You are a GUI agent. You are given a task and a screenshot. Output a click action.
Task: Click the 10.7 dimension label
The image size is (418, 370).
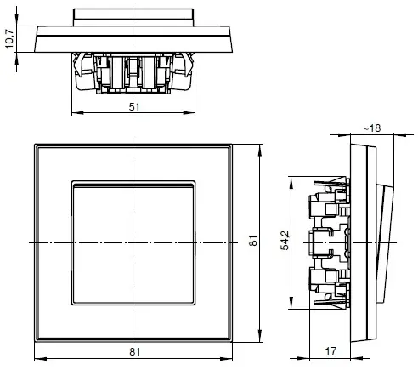[x=8, y=38]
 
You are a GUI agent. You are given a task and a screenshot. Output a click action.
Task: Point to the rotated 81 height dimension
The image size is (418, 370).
[x=252, y=242]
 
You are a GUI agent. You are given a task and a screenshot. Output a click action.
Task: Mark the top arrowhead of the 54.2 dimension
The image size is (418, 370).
[x=292, y=179]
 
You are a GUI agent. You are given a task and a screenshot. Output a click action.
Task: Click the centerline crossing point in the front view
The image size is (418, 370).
[x=134, y=243]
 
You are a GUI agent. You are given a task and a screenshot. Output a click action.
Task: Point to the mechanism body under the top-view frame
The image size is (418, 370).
[x=134, y=72]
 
